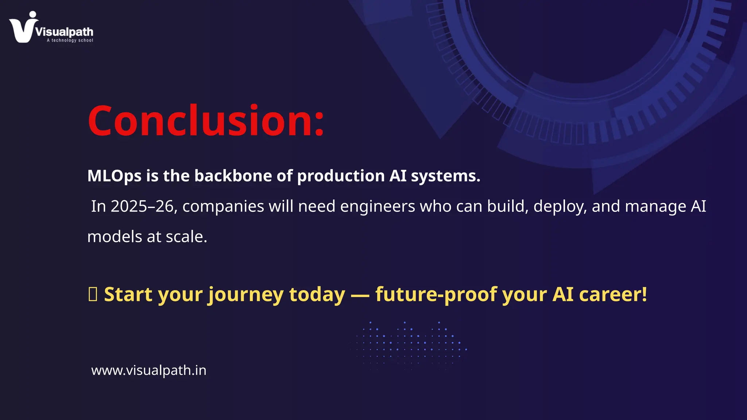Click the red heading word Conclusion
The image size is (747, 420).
[205, 121]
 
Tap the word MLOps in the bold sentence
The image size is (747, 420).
[114, 176]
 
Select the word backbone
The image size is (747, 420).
[233, 176]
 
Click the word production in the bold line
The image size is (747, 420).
[341, 176]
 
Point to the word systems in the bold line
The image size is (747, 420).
[445, 176]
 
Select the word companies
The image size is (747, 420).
[223, 206]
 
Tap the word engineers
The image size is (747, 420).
[378, 206]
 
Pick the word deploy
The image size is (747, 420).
[560, 206]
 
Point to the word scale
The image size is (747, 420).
[186, 237]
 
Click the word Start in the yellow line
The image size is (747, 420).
[128, 294]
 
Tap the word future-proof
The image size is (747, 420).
[436, 294]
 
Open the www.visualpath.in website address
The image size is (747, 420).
[149, 370]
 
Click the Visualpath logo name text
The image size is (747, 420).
[65, 32]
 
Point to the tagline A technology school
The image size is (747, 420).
[70, 40]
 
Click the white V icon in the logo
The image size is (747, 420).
[23, 29]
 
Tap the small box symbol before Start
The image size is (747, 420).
[93, 294]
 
